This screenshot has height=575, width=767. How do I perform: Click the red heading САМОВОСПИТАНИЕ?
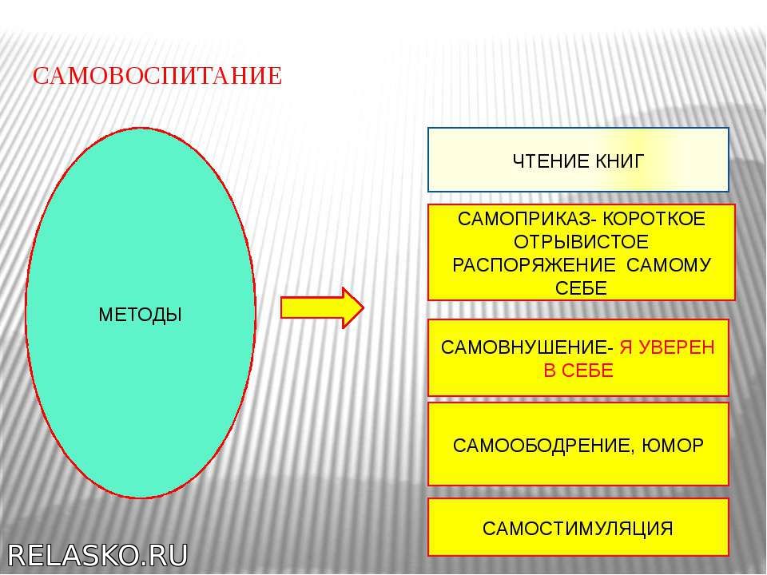[x=157, y=77]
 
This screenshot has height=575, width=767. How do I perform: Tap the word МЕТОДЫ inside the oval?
[x=141, y=315]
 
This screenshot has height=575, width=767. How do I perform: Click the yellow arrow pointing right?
[x=322, y=307]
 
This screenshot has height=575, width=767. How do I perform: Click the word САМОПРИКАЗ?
[x=525, y=219]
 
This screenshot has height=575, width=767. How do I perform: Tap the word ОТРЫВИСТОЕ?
[x=581, y=242]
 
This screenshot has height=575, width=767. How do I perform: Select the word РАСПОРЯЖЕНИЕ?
[x=534, y=265]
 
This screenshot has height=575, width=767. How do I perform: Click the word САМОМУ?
[x=669, y=265]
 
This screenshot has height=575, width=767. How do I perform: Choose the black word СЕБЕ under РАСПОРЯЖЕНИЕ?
[x=581, y=288]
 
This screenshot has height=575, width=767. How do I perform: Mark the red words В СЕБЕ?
[x=578, y=371]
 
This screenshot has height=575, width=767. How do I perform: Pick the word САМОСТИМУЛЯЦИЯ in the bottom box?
[x=578, y=529]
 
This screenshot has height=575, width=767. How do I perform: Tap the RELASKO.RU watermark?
[x=97, y=556]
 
